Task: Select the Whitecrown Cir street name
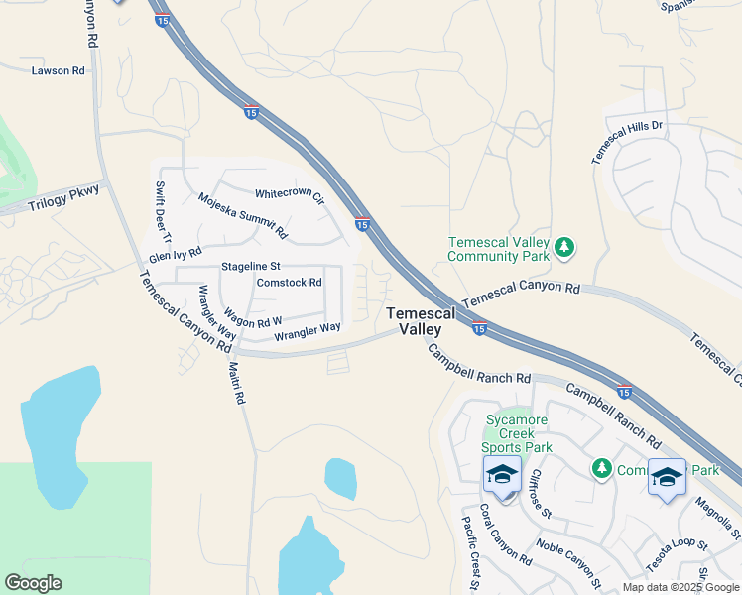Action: click(290, 195)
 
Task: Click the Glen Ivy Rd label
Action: click(176, 254)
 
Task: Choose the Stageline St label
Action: click(252, 266)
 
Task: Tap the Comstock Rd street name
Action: click(290, 282)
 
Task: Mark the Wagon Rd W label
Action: click(252, 315)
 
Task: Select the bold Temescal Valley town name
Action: click(421, 320)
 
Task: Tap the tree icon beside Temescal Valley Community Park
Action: click(564, 247)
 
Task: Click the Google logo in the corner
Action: click(33, 582)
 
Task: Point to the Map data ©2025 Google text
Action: click(680, 587)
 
